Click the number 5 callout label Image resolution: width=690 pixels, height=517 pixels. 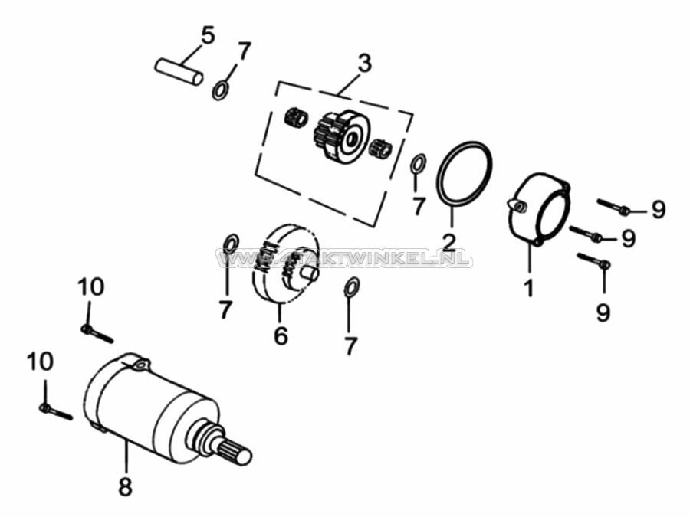(208, 34)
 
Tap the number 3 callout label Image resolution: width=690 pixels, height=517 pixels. (364, 63)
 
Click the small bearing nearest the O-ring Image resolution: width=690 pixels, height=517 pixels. (381, 149)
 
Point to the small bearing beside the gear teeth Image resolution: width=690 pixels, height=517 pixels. (296, 119)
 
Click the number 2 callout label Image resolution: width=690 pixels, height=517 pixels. (449, 243)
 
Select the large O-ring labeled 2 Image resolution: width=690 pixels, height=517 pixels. (464, 173)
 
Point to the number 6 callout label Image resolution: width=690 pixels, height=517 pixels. (281, 335)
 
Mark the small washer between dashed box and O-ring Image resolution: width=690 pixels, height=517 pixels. (418, 164)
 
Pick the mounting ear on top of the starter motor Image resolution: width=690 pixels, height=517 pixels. (139, 365)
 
